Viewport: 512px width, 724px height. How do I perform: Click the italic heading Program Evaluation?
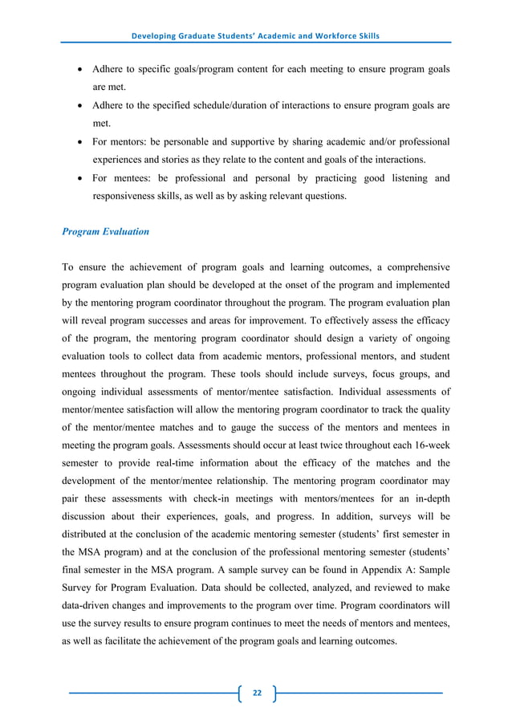(x=105, y=232)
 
